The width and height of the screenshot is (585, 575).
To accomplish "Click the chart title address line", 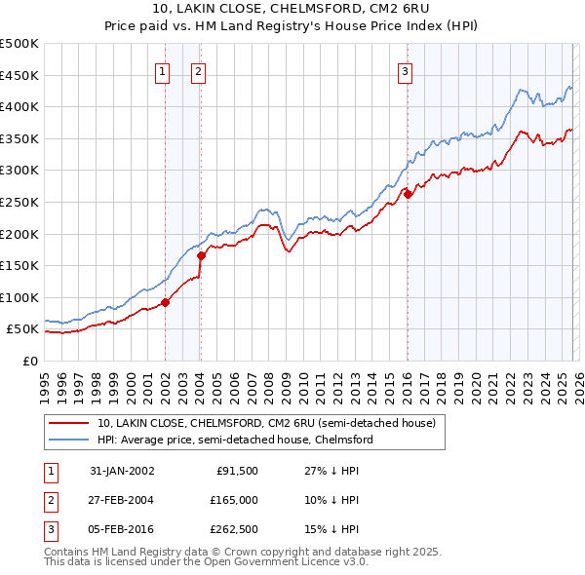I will click(292, 9).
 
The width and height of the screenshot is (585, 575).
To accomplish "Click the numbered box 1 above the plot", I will click(162, 70).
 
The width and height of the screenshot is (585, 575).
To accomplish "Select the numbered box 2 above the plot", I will click(197, 70).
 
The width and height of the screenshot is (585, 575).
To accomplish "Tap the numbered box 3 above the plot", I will click(404, 70).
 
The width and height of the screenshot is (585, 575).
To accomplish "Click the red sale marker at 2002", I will click(166, 302).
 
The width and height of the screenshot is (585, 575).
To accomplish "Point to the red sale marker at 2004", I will click(201, 256).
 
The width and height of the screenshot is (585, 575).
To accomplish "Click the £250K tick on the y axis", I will click(19, 202).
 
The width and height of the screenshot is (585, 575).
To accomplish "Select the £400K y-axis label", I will click(19, 106).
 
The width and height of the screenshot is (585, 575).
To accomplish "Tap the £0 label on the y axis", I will click(28, 361).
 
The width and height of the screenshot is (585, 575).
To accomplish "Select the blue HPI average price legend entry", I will click(235, 440).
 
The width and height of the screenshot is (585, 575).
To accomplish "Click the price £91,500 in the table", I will click(234, 470).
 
